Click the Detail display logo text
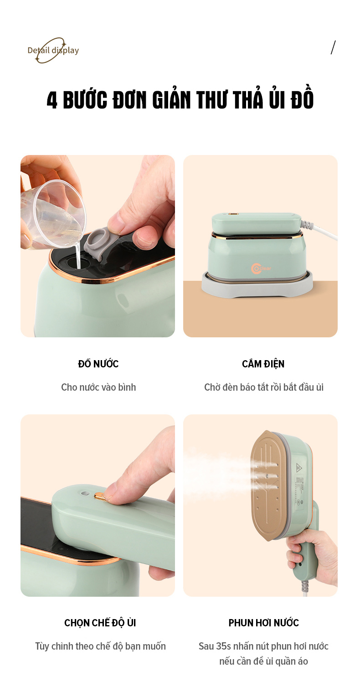click(x=53, y=50)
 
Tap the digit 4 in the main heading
click(x=52, y=100)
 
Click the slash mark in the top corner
click(x=333, y=47)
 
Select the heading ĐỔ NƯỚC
click(x=98, y=363)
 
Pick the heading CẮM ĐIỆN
click(x=263, y=363)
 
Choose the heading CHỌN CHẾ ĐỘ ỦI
click(x=100, y=622)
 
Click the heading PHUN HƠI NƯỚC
click(x=264, y=623)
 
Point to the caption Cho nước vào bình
click(x=98, y=387)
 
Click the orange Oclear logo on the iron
click(x=261, y=268)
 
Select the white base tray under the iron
click(x=257, y=285)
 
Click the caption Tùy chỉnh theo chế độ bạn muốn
click(x=100, y=646)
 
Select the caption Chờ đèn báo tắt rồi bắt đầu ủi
click(x=264, y=387)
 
